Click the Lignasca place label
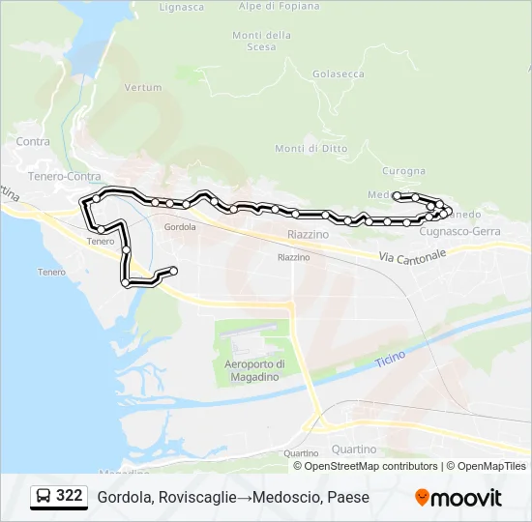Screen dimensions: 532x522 (x=181, y=7)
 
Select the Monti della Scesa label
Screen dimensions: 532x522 (x=261, y=41)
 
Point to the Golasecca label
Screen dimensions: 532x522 (x=339, y=73)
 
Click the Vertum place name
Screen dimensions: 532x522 (x=143, y=87)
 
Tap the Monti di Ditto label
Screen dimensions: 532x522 (x=310, y=148)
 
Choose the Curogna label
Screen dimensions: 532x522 (x=403, y=171)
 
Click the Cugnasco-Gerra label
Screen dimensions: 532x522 (x=460, y=232)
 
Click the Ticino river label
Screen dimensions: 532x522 (x=390, y=361)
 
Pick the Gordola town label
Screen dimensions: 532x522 (x=180, y=227)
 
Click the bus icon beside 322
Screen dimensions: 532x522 (x=43, y=496)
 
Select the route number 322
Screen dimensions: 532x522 (x=69, y=496)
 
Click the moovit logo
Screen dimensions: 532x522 (x=458, y=498)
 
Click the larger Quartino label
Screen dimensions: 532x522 (x=353, y=449)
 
